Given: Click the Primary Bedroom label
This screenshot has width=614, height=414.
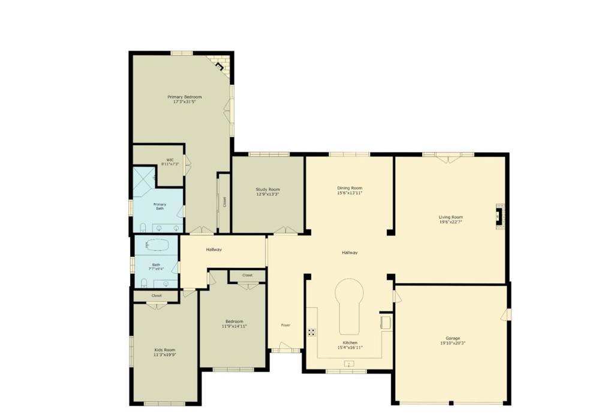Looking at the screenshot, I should [184, 97].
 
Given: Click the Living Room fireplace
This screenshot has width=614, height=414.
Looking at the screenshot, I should [499, 216].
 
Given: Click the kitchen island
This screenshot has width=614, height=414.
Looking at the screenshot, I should [351, 306].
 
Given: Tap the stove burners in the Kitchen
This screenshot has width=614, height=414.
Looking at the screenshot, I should [312, 331].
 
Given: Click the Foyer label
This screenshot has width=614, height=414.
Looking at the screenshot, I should [286, 325].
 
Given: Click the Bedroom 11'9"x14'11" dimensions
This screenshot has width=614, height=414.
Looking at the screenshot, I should [234, 327].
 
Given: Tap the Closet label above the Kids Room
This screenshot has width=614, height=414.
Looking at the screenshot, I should [156, 295].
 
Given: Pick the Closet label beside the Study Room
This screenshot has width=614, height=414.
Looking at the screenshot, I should [224, 203].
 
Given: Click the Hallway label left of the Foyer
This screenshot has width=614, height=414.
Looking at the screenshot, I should [214, 249].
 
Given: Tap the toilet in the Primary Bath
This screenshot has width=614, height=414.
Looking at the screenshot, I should [144, 227].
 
